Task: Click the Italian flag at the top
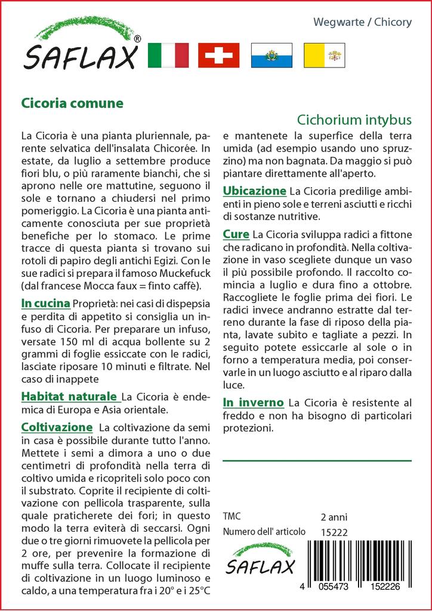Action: coord(168,55)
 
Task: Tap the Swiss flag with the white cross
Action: coord(218,55)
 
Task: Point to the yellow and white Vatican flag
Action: coord(325,55)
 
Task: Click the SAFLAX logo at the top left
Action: coord(82,48)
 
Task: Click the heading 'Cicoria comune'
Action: coord(72,103)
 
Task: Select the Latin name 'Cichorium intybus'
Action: coord(354,119)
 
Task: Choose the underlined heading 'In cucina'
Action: coord(46,303)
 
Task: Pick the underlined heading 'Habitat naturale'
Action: coord(69,396)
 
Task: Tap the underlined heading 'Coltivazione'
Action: coord(57,427)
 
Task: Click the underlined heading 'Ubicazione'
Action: coord(254,191)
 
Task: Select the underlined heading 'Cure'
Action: coord(236,234)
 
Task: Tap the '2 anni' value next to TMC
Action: coord(334,517)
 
